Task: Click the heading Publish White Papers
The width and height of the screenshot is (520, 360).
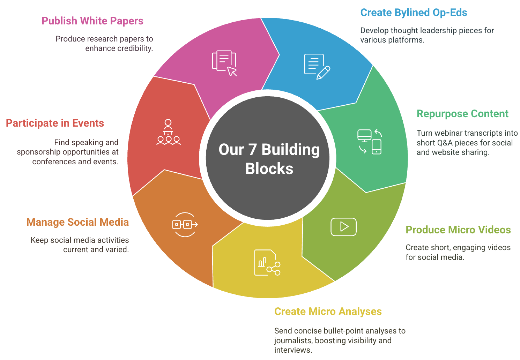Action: (92, 21)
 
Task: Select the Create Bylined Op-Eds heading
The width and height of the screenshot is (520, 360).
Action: (414, 13)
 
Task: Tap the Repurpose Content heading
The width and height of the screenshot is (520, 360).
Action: (462, 114)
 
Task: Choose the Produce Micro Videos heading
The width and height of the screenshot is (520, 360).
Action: (458, 230)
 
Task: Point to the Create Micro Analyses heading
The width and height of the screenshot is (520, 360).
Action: (328, 312)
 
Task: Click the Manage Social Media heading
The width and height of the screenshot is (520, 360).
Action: (77, 222)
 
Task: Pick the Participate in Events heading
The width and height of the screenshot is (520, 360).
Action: (55, 123)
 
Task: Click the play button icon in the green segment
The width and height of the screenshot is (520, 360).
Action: (343, 227)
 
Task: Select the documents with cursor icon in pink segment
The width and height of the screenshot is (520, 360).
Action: (224, 63)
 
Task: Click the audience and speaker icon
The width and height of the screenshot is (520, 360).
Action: (169, 132)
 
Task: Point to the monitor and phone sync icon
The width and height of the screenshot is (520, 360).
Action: (370, 142)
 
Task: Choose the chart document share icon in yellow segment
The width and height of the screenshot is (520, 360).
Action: (267, 263)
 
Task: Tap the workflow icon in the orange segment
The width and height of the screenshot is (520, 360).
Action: (185, 224)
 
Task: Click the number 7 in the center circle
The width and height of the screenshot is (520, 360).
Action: (252, 149)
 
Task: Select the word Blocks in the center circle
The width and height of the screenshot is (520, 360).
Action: (269, 168)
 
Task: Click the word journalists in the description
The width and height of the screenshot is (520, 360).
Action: (293, 340)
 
